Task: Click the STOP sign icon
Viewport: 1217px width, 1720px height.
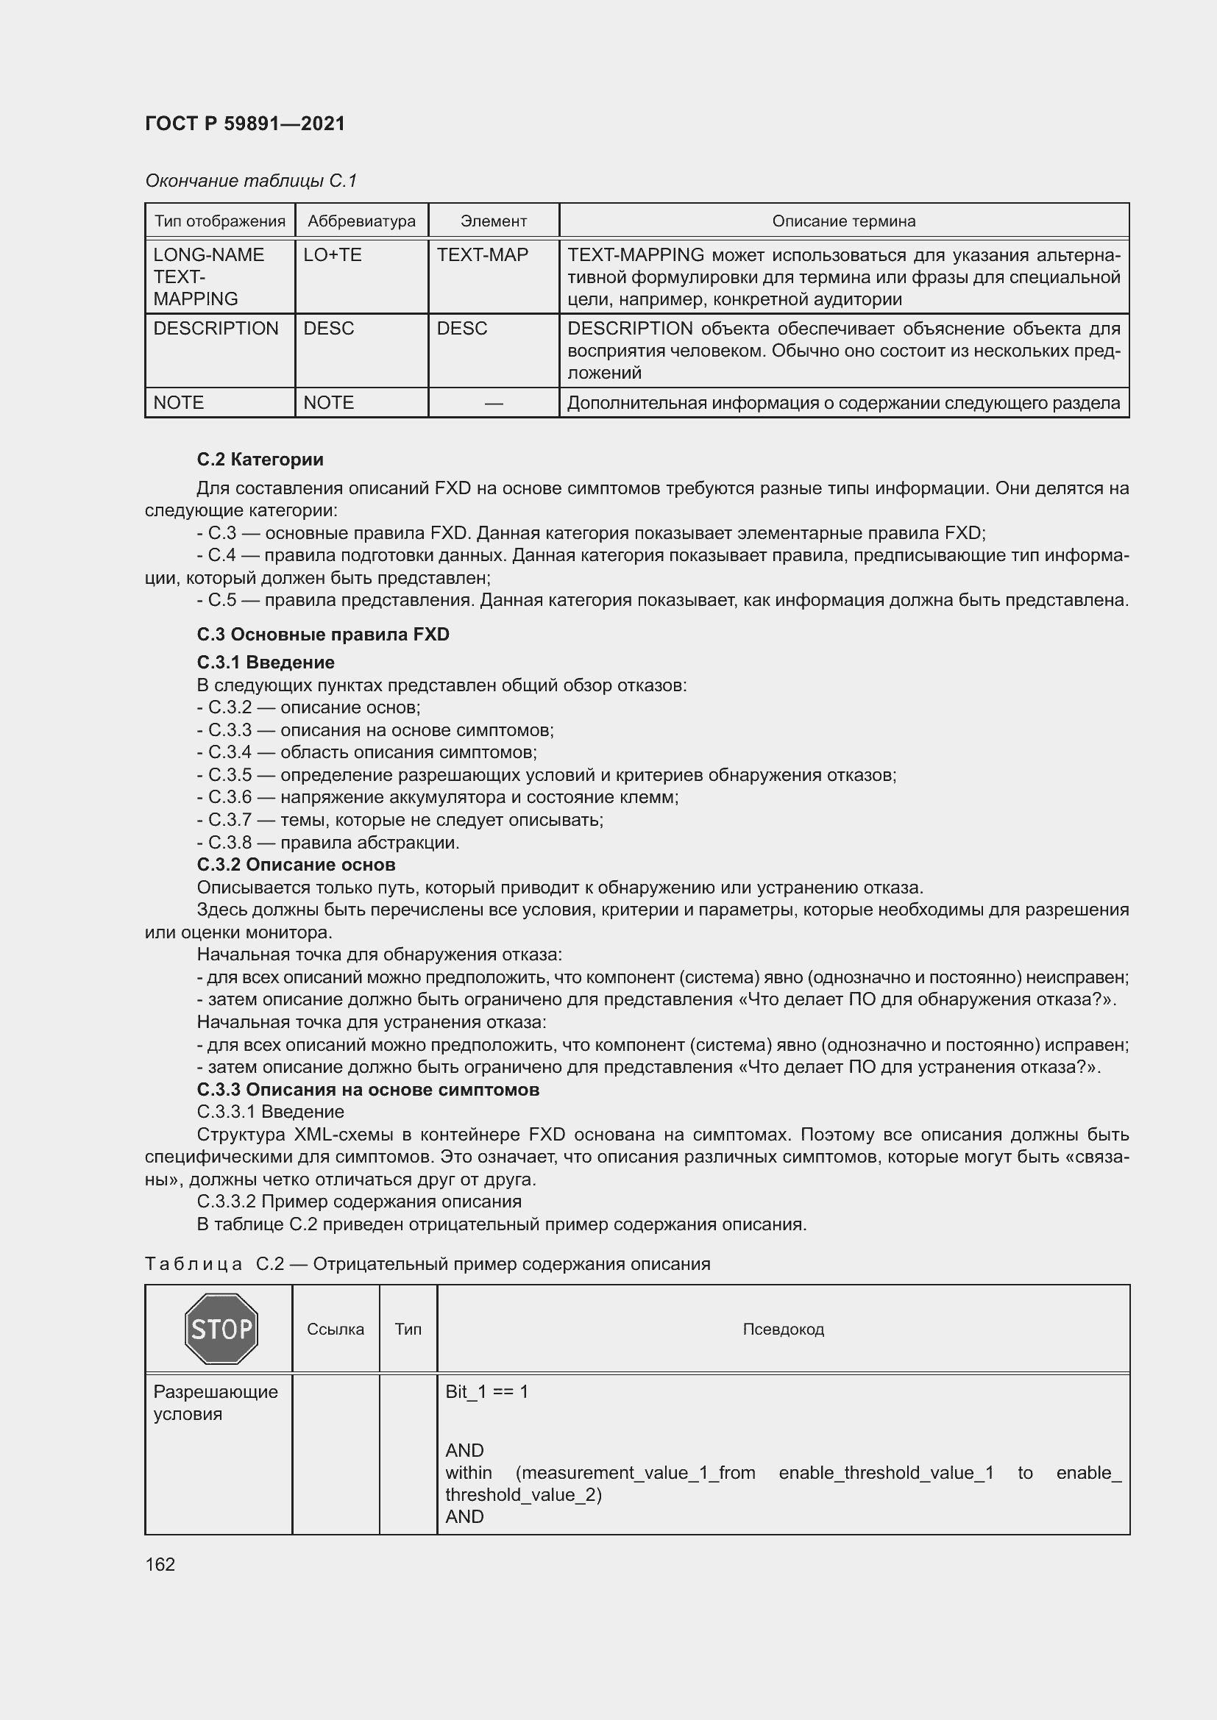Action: click(221, 1329)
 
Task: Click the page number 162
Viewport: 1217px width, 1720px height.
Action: click(160, 1564)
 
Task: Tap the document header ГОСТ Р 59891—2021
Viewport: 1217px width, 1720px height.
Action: click(245, 124)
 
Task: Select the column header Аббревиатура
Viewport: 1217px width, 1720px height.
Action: click(361, 221)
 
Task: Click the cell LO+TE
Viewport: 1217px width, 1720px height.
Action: click(333, 254)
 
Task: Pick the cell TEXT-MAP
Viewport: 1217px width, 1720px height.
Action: click(483, 254)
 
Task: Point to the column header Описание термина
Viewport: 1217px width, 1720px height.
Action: click(844, 221)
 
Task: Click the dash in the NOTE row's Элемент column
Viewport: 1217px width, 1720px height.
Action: click(493, 403)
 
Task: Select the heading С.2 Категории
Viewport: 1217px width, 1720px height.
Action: click(260, 459)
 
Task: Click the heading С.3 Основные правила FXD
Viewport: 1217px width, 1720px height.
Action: click(323, 635)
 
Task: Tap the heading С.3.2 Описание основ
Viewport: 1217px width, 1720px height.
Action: click(296, 865)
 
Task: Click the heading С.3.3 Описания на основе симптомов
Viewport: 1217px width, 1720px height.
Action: click(368, 1089)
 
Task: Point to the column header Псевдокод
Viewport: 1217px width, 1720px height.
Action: click(783, 1329)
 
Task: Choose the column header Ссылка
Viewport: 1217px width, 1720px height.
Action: click(335, 1329)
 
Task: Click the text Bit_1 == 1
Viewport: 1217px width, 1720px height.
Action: click(486, 1391)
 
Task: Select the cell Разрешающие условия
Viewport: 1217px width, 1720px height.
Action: click(215, 1402)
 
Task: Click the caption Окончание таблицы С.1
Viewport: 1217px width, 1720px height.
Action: click(251, 181)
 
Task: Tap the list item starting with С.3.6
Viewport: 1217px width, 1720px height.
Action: click(438, 797)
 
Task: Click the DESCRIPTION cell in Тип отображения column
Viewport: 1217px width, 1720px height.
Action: click(216, 328)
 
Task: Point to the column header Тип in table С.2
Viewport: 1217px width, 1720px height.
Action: click(408, 1329)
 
